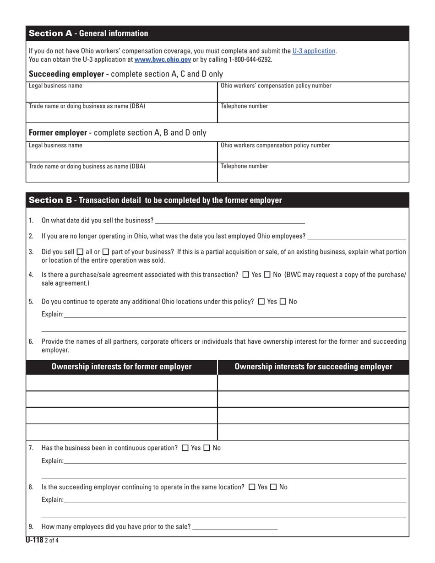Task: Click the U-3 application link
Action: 314,51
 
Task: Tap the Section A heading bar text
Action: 88,33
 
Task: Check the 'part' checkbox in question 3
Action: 106,252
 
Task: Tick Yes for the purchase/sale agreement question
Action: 245,275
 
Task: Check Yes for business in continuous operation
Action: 185,448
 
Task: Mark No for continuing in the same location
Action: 273,487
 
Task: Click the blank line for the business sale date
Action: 230,221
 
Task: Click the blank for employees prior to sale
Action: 235,527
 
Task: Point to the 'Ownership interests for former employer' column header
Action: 121,367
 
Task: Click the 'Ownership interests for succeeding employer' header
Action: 313,367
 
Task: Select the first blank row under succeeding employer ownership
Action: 313,383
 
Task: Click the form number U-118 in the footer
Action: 34,540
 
